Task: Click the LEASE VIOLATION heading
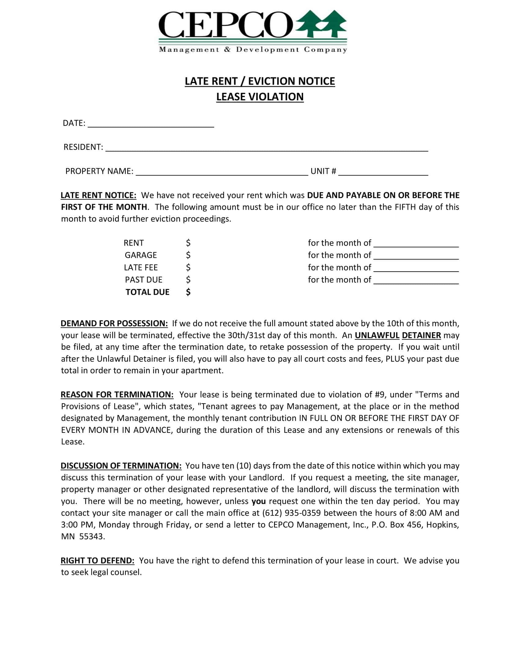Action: [x=260, y=97]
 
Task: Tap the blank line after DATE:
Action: [x=150, y=125]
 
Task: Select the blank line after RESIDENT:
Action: [x=266, y=149]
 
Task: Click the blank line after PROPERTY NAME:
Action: [x=222, y=173]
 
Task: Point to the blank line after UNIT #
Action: [x=383, y=173]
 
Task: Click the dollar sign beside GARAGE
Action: [x=188, y=255]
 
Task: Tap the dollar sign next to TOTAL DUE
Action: [x=188, y=292]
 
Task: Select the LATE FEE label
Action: [x=141, y=267]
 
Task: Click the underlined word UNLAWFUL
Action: [x=377, y=335]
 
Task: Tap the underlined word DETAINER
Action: [x=421, y=335]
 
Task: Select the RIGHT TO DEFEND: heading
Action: [x=97, y=560]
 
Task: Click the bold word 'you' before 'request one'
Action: [x=258, y=501]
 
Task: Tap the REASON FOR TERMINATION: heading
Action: [x=117, y=394]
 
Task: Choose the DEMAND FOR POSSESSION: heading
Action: [x=114, y=323]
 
